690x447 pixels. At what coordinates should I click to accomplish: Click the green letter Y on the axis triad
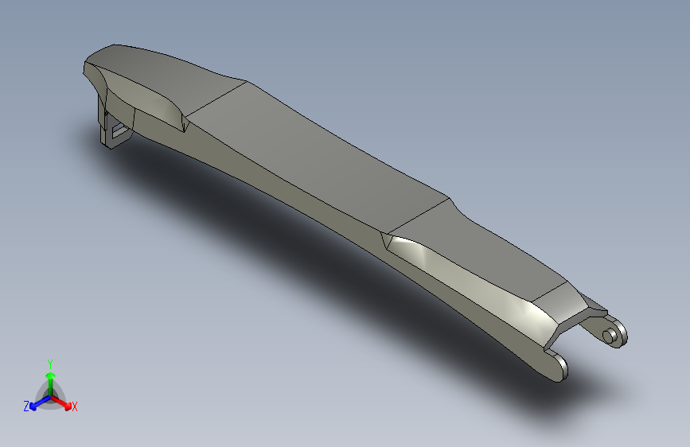tap(50, 364)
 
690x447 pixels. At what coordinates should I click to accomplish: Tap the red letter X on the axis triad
tap(74, 407)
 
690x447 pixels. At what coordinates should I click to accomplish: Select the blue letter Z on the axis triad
tap(26, 406)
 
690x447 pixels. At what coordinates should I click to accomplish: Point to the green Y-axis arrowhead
tap(51, 375)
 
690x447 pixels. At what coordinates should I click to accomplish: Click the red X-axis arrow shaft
tap(59, 401)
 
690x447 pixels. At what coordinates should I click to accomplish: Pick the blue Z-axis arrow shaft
tap(43, 401)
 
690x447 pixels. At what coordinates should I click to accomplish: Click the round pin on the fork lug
tap(609, 336)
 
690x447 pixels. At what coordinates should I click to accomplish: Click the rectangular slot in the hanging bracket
tap(119, 130)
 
